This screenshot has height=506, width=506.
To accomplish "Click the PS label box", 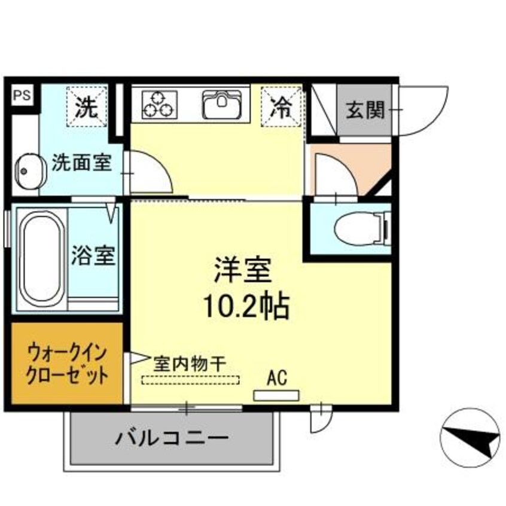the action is [22, 95].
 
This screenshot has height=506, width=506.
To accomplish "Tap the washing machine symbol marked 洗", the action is [87, 106].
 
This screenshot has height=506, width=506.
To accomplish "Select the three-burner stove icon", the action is [160, 104].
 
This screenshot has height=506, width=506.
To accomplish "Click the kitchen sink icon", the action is [222, 104].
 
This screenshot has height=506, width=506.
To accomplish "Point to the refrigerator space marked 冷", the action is [282, 106].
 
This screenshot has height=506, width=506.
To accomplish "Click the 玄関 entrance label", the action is [365, 109].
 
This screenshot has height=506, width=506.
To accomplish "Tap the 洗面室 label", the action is [82, 162].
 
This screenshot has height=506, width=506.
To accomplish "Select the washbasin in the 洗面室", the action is [30, 171].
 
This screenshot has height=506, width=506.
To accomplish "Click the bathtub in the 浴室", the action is [40, 259].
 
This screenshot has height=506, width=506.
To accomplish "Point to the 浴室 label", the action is [93, 255].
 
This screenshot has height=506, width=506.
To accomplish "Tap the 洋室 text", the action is [243, 270].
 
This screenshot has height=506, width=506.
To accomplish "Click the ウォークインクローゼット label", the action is [67, 364].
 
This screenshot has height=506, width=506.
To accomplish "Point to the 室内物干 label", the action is [189, 364].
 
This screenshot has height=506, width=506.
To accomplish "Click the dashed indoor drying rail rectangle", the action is [190, 380].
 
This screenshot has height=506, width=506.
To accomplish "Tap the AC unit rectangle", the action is [276, 395].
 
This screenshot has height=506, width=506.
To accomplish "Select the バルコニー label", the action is [172, 438].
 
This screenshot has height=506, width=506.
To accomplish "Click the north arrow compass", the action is [470, 438].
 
